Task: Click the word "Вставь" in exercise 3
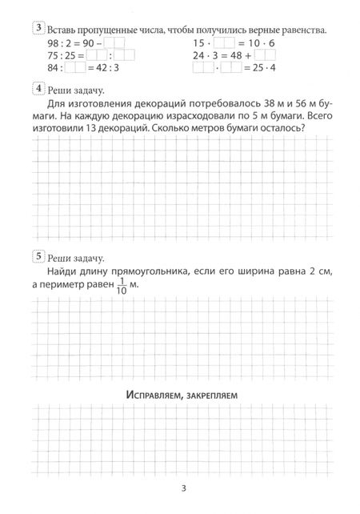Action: (x=65, y=30)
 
